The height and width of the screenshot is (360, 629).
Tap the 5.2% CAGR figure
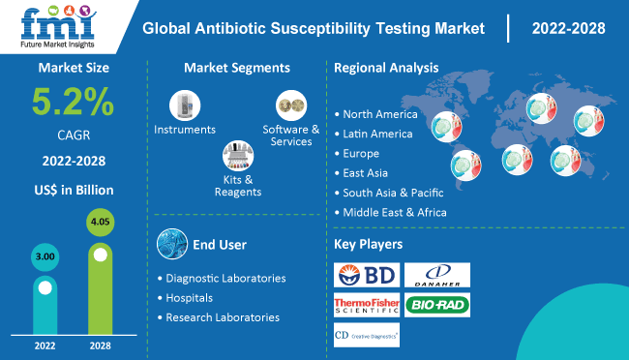73,102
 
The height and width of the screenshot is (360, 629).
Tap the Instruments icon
184,105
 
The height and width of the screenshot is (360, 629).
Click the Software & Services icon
290,105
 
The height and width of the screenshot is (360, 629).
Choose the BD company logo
366,276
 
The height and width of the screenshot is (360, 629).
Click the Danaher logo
436,276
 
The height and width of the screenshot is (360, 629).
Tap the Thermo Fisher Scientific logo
366,307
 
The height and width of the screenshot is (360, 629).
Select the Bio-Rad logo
436,307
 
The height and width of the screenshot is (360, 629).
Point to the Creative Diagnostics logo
366,336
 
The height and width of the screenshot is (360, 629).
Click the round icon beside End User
171,242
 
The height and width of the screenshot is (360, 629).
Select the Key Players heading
369,244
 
